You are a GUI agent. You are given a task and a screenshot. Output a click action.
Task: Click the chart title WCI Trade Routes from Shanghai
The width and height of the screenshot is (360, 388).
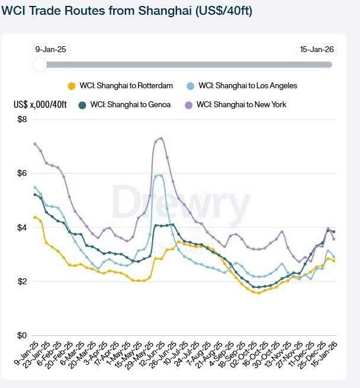tap(127, 11)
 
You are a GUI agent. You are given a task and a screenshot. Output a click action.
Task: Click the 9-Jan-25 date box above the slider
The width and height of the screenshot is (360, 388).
tap(51, 50)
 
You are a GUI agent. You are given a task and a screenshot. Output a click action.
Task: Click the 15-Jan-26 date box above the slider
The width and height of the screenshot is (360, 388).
tap(317, 50)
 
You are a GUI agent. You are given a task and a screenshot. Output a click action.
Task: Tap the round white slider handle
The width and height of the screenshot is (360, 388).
tap(40, 64)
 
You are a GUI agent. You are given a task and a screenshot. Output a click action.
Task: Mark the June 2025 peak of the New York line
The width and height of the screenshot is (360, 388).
tap(161, 138)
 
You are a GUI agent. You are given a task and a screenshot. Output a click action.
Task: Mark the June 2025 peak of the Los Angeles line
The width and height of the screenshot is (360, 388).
tap(160, 175)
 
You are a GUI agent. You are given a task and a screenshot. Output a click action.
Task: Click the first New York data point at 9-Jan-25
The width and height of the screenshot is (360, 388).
tap(36, 144)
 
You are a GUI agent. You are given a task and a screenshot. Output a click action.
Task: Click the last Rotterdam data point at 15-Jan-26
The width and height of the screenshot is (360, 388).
tap(333, 261)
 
